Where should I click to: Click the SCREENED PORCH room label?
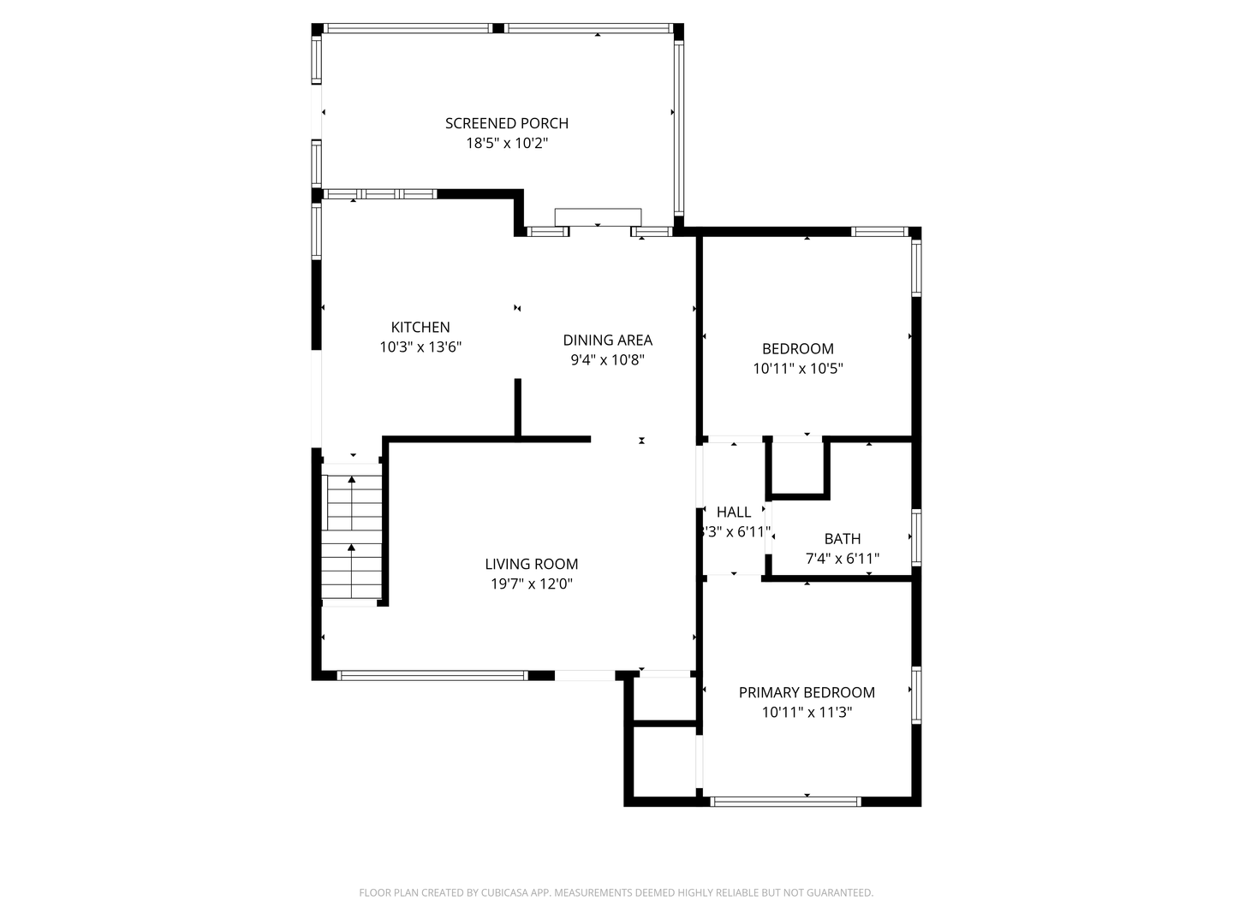pyautogui.click(x=507, y=123)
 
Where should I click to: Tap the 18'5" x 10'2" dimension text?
pyautogui.click(x=507, y=143)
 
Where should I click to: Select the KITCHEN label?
pyautogui.click(x=420, y=327)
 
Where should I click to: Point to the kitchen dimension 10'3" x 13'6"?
pyautogui.click(x=420, y=347)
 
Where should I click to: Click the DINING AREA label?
pyautogui.click(x=607, y=340)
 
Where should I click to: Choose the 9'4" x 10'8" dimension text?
pyautogui.click(x=607, y=359)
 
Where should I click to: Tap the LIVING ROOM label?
pyautogui.click(x=532, y=564)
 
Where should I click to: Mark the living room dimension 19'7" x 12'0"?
pyautogui.click(x=532, y=584)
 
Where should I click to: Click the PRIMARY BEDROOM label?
pyautogui.click(x=807, y=692)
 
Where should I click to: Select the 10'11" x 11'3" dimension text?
pyautogui.click(x=807, y=713)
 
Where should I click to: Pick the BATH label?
pyautogui.click(x=842, y=539)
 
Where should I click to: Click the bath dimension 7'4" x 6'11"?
pyautogui.click(x=842, y=559)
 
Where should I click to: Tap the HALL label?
pyautogui.click(x=734, y=512)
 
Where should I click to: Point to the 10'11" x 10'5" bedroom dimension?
pyautogui.click(x=798, y=369)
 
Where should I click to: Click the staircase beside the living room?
pyautogui.click(x=352, y=535)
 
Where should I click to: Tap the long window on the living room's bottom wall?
pyautogui.click(x=432, y=676)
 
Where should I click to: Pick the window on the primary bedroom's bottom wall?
pyautogui.click(x=785, y=802)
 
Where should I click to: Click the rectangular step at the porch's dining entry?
pyautogui.click(x=598, y=216)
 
